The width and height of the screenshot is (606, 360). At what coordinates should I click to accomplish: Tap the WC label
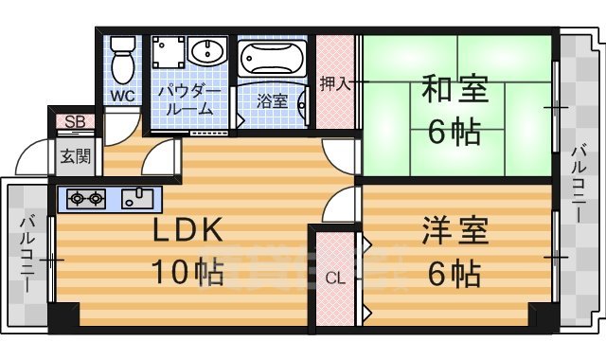(123, 97)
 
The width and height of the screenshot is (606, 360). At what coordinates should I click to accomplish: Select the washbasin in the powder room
(204, 51)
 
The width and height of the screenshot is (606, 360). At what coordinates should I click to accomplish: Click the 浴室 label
(273, 100)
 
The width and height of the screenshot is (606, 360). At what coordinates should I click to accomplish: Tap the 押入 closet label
(336, 82)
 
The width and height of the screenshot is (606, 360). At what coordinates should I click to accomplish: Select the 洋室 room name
(454, 231)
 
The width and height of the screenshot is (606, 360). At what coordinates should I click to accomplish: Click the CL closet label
(334, 279)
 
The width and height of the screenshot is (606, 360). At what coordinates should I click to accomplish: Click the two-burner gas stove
(85, 198)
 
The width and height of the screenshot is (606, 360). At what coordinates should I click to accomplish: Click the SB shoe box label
(72, 121)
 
